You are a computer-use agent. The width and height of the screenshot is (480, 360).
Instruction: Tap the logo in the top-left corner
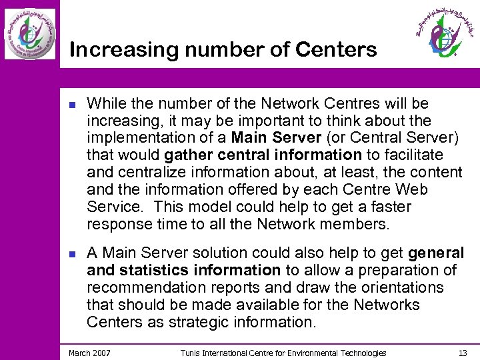pos(30,34)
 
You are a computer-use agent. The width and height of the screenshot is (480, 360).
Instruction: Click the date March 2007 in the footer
pos(89,353)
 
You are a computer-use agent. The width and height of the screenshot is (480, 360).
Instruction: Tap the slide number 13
pos(463,353)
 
